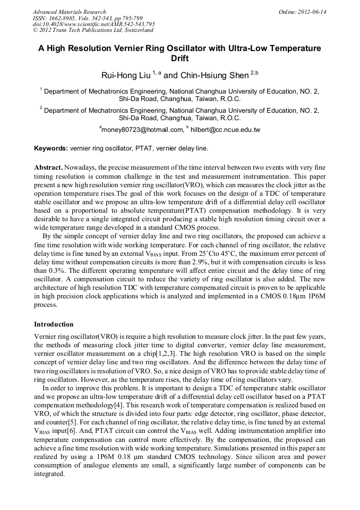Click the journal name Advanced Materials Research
(69, 12)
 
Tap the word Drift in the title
(179, 58)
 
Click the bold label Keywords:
(51, 148)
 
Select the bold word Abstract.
(48, 168)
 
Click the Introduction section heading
(54, 324)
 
